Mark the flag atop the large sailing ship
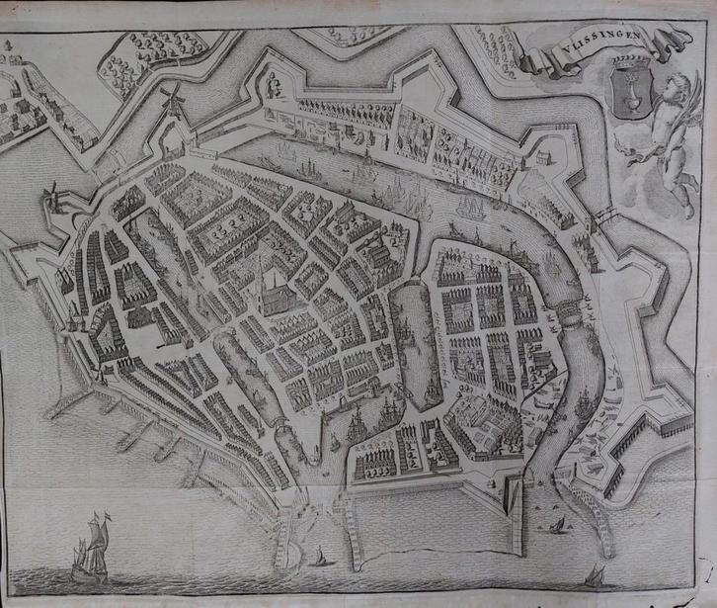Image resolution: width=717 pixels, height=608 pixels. point(103,515)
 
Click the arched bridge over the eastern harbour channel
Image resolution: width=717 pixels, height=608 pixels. point(570,314)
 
